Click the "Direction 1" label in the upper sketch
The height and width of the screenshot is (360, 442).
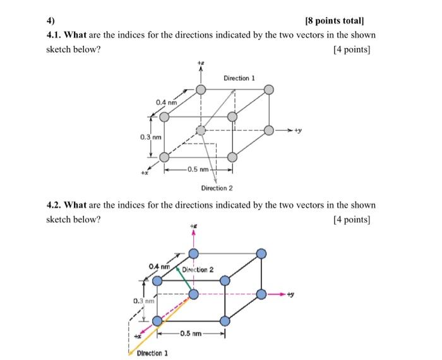(239, 78)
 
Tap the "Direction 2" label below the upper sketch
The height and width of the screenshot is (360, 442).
(217, 188)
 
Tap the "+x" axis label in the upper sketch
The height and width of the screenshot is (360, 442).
(145, 171)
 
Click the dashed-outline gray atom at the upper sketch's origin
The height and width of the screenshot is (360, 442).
(201, 130)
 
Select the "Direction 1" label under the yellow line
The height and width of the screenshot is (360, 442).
(152, 352)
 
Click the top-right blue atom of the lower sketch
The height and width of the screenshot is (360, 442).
(261, 253)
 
